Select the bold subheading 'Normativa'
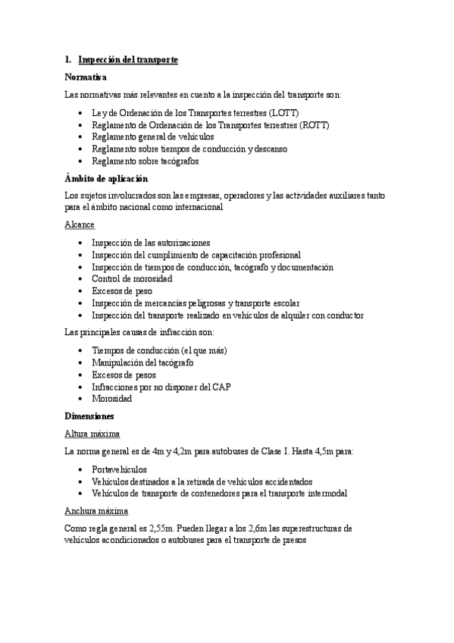[x=86, y=77]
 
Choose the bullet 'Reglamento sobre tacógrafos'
[x=145, y=162]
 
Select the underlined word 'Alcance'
[x=80, y=225]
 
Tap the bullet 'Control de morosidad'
[x=132, y=279]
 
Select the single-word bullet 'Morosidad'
[x=111, y=399]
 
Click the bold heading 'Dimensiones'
[x=89, y=416]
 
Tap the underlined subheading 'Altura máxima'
[x=92, y=434]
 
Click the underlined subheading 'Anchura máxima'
[x=97, y=511]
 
